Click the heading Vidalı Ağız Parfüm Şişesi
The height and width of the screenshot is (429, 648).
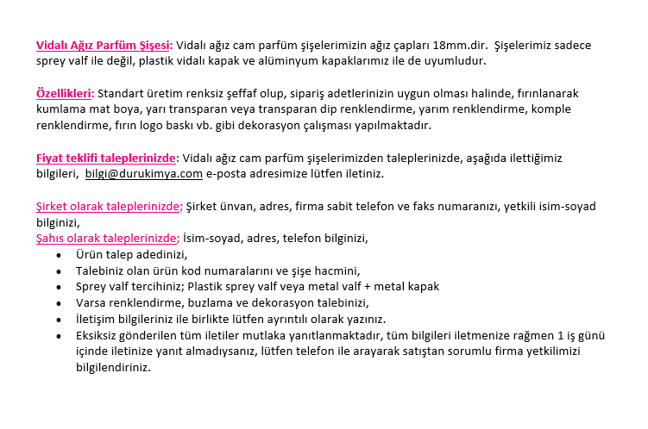[x=104, y=45]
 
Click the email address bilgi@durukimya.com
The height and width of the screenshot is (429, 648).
[x=143, y=173]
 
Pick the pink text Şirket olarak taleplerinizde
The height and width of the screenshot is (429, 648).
[x=109, y=206]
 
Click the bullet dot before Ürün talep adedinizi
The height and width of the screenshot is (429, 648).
[x=58, y=255]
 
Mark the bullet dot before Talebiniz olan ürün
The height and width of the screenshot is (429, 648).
[x=58, y=270]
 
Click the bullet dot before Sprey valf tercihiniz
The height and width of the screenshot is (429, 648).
[x=58, y=287]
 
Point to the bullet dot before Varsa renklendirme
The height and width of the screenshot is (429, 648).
[x=58, y=302]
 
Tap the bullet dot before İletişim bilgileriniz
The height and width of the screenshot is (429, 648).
[x=58, y=319]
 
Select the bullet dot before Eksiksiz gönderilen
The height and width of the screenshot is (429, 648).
[x=58, y=335]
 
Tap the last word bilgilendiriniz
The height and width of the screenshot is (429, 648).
[x=113, y=367]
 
